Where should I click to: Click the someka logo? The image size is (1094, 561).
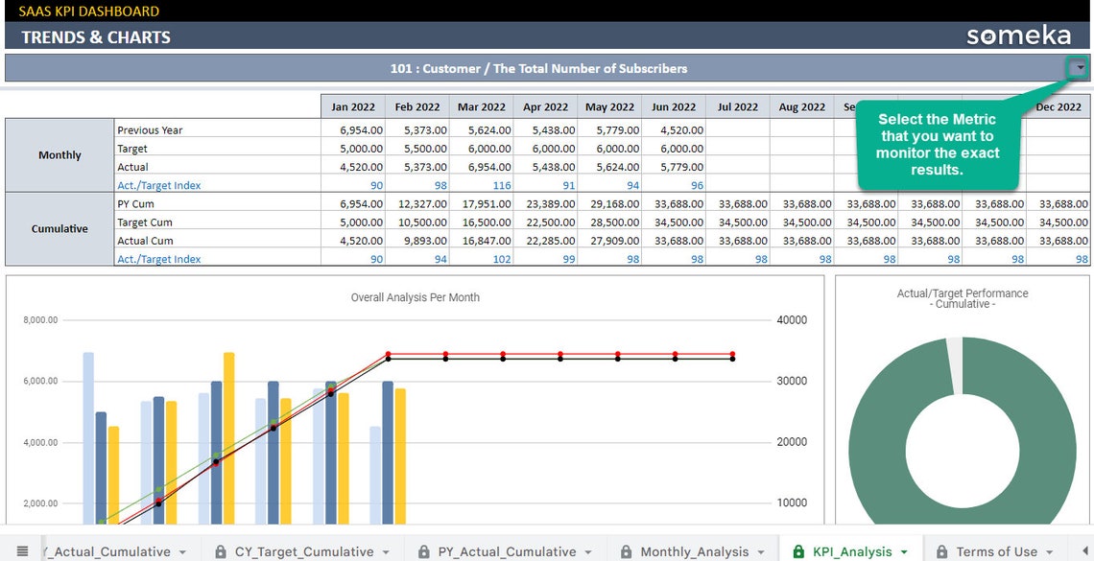(1018, 36)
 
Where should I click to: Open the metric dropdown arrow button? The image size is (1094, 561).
(1080, 68)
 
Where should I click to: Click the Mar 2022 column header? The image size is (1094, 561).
(481, 107)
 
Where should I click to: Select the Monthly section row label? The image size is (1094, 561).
(59, 155)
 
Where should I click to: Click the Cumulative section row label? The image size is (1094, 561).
(59, 229)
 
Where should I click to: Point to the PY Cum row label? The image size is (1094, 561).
(135, 204)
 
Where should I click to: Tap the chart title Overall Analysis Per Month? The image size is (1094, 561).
(415, 297)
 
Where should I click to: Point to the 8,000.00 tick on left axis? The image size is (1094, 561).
(40, 320)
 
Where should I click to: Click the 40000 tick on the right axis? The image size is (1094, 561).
(793, 320)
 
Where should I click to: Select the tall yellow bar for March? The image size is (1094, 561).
(228, 437)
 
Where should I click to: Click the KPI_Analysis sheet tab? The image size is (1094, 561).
(851, 551)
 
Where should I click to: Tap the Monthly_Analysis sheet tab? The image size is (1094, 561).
(694, 551)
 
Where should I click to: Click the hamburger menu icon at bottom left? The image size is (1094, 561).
(22, 551)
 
